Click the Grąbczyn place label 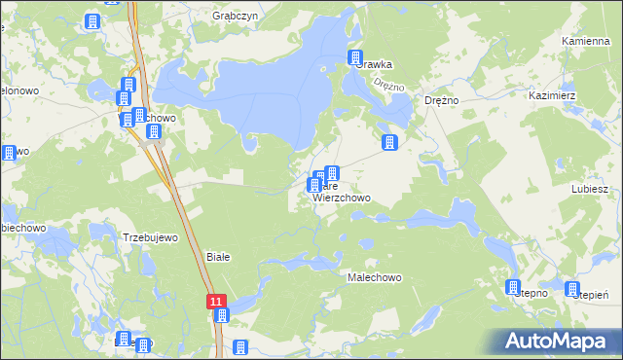[x=234, y=16]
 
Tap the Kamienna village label [x=585, y=41]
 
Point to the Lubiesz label [x=591, y=189]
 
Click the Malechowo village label [x=375, y=277]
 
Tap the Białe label [x=217, y=257]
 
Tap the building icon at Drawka [x=355, y=58]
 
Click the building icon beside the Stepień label [x=572, y=289]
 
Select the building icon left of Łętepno [x=513, y=287]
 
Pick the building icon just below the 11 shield [x=222, y=315]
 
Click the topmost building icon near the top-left [x=92, y=21]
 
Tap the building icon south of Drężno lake [x=390, y=143]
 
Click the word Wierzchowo [x=342, y=197]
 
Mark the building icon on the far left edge [x=9, y=153]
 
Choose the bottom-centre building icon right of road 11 [x=240, y=346]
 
